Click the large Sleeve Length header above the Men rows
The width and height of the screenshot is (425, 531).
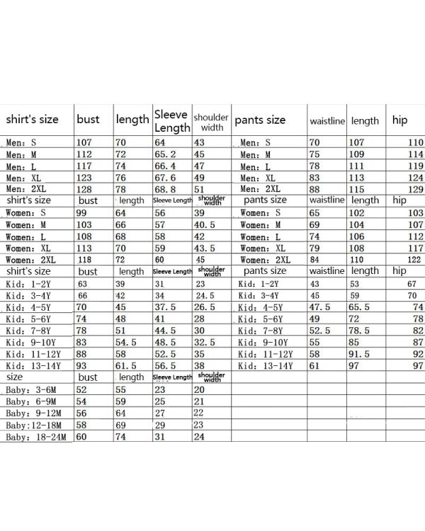click(x=171, y=120)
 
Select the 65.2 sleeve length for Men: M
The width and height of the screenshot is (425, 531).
click(x=166, y=154)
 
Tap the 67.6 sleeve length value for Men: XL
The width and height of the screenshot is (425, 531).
click(x=166, y=178)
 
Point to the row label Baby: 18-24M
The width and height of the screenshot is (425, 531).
click(x=38, y=437)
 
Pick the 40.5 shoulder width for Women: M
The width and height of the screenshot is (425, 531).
click(x=204, y=224)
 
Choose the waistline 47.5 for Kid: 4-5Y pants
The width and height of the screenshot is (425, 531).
click(x=320, y=307)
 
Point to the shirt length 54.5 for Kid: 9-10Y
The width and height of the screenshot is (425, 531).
click(x=126, y=342)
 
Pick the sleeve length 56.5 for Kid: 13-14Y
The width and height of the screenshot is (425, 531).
click(x=166, y=366)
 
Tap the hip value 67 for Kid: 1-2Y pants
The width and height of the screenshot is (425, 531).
click(x=412, y=284)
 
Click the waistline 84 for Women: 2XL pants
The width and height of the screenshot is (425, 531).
click(x=315, y=260)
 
